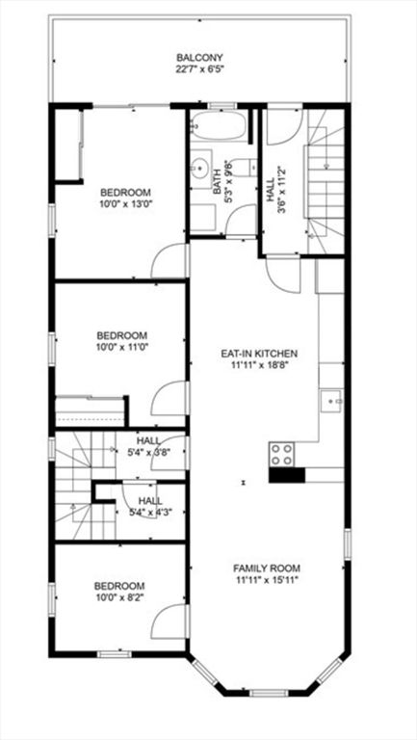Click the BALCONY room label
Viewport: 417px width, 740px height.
[199, 58]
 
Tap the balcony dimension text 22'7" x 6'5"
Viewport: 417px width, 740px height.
[199, 69]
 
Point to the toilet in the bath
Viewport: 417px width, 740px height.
[246, 167]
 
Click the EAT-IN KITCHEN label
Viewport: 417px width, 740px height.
[259, 353]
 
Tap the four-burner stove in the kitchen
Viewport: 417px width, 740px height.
[281, 455]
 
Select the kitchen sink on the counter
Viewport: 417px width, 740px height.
[332, 401]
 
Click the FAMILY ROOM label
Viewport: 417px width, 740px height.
[267, 568]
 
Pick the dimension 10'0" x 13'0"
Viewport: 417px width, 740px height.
[126, 204]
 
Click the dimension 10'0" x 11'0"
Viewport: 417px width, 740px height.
[122, 347]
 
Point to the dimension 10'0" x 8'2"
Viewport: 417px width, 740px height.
[119, 597]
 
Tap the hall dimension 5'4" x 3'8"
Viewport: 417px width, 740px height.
[147, 451]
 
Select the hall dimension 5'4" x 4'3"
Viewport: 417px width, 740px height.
[148, 512]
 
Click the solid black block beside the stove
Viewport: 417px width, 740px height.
[287, 475]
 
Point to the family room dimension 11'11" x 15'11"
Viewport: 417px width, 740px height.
[267, 580]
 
